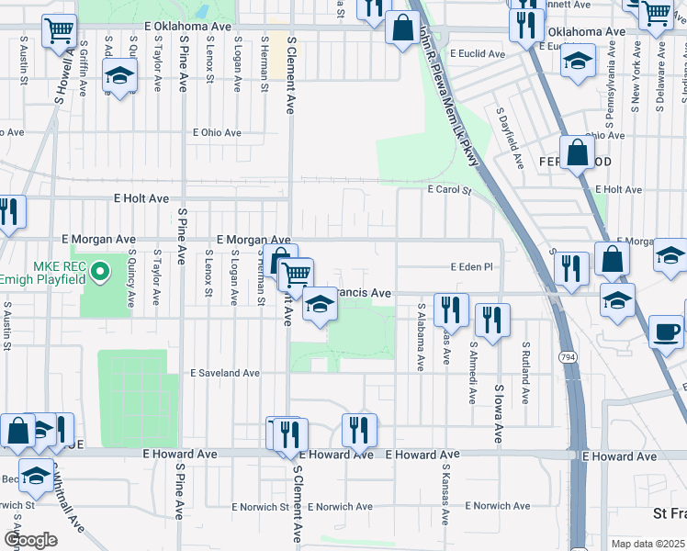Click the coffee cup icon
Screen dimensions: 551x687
pos(666,331)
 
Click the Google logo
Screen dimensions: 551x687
pos(29,540)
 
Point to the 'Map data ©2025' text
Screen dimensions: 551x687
pos(648,544)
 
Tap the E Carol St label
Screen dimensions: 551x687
pos(449,191)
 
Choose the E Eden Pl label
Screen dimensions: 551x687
pos(472,266)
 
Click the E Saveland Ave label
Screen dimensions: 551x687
pos(225,374)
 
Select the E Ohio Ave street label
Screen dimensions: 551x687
pos(216,132)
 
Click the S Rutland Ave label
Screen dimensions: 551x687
pos(524,375)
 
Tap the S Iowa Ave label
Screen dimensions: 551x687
pos(499,413)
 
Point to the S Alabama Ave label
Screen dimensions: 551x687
pos(421,337)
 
